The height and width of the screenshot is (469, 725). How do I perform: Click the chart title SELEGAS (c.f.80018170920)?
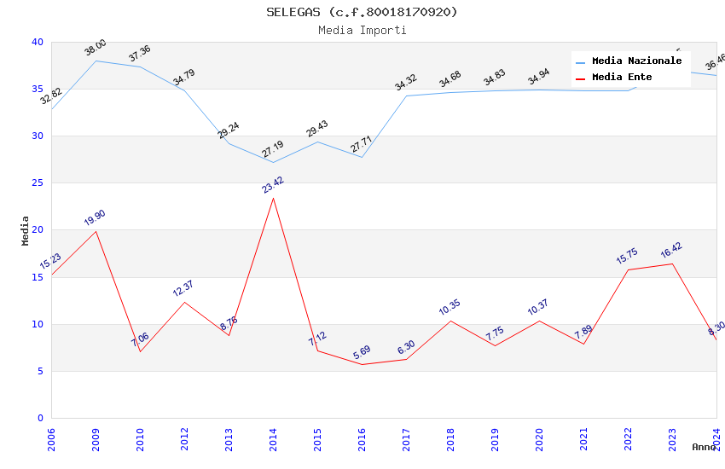(362, 12)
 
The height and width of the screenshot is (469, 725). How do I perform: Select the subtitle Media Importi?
(362, 30)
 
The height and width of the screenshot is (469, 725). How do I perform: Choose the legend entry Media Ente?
(622, 77)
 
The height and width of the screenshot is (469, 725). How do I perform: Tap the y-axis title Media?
(25, 230)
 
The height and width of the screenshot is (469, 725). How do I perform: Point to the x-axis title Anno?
(704, 447)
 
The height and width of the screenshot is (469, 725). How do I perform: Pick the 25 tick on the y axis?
(38, 182)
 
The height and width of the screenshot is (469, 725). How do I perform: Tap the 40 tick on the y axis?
(38, 42)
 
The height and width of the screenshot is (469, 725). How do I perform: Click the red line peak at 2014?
(273, 198)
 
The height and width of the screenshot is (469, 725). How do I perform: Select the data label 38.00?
(96, 48)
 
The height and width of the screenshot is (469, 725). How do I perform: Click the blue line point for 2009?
(96, 61)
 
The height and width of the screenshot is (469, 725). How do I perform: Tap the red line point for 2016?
(362, 364)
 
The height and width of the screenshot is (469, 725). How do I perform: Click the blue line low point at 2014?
(273, 162)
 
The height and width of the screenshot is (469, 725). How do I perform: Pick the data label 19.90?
(95, 218)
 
